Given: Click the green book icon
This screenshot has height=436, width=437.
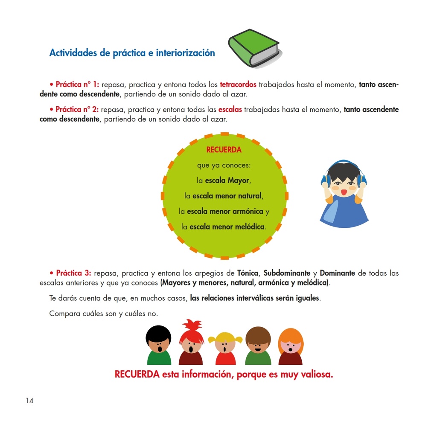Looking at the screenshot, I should point(254,48).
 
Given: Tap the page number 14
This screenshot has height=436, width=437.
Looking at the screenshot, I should point(29,401).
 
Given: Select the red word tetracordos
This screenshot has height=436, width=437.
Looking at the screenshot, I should point(238,84).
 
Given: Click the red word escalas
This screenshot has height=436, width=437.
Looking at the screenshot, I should point(230,110).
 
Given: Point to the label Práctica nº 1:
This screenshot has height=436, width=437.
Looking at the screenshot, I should point(77,84).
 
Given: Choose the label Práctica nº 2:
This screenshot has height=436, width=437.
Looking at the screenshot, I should point(77,110).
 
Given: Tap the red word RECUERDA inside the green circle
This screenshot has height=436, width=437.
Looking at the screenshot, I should point(224,150).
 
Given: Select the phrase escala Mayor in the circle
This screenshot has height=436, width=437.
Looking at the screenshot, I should point(227,180).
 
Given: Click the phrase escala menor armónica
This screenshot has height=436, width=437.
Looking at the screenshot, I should point(225,212).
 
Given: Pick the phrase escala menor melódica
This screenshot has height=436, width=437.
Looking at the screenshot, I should point(227,227).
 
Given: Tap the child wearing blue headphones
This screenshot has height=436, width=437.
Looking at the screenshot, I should point(344,194).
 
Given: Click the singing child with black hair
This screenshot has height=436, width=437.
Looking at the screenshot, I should point(159,345).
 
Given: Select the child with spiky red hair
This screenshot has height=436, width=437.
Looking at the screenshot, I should point(191,343).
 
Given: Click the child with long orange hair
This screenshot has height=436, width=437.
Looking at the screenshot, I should point(291,346).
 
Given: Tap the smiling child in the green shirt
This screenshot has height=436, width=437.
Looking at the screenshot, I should point(258,346).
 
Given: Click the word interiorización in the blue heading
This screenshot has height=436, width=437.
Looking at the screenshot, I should point(185,53).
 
